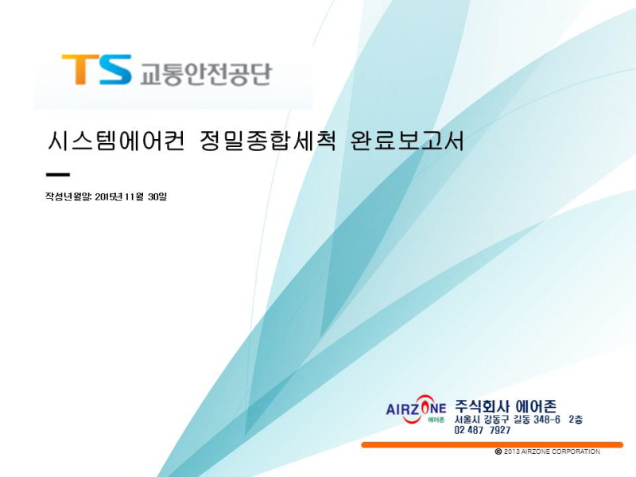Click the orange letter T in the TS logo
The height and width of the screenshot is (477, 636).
pyautogui.click(x=80, y=69)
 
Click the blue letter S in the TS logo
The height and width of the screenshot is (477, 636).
pyautogui.click(x=115, y=70)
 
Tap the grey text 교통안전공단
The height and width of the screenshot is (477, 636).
pyautogui.click(x=205, y=74)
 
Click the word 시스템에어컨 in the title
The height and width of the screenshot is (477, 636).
pyautogui.click(x=116, y=142)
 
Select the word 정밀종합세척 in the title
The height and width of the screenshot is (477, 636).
pyautogui.click(x=268, y=142)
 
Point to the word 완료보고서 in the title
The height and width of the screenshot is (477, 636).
pyautogui.click(x=406, y=142)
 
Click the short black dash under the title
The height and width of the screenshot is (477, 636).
pyautogui.click(x=58, y=175)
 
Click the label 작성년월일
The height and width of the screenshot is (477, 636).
pyautogui.click(x=68, y=196)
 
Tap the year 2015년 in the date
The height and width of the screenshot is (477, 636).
pyautogui.click(x=108, y=196)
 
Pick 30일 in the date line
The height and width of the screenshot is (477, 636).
pyautogui.click(x=157, y=196)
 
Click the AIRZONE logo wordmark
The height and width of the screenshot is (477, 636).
pyautogui.click(x=416, y=409)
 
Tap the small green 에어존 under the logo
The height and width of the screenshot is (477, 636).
pyautogui.click(x=436, y=420)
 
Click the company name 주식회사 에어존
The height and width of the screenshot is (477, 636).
pyautogui.click(x=506, y=406)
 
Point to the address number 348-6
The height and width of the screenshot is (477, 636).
pyautogui.click(x=547, y=420)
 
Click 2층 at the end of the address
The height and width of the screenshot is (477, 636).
pyautogui.click(x=576, y=420)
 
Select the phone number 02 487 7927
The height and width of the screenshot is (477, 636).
pyautogui.click(x=483, y=430)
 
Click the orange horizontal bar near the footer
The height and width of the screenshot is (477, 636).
pyautogui.click(x=492, y=445)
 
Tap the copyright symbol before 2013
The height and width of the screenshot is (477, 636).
pyautogui.click(x=498, y=452)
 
